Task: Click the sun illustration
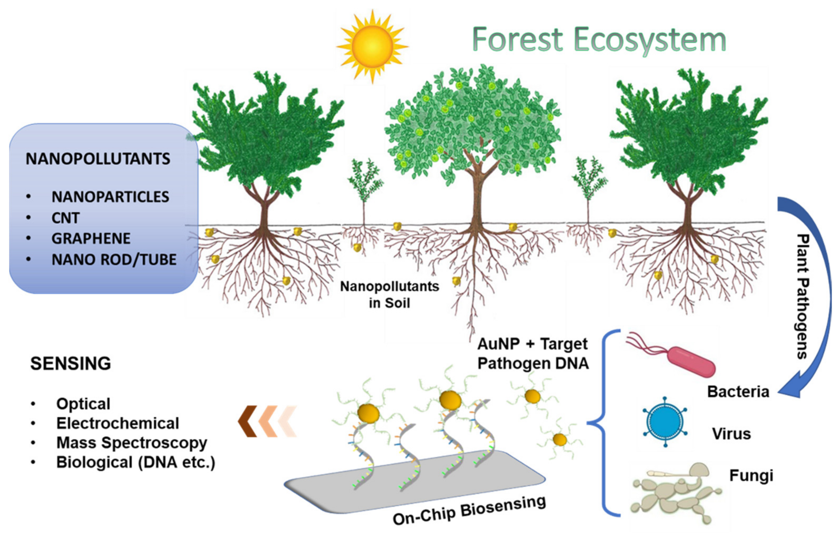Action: (x=372, y=46)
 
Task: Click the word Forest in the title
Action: (x=518, y=39)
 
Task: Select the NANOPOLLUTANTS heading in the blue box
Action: (x=98, y=159)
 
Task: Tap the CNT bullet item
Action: (x=66, y=218)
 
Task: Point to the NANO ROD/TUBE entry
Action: (x=114, y=259)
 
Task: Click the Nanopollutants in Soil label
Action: (x=389, y=294)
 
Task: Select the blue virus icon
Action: (x=665, y=422)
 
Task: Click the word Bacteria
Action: (x=738, y=392)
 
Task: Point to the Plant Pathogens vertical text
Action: (x=803, y=296)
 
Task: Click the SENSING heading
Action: (x=70, y=363)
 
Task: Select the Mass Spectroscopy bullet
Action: (x=132, y=442)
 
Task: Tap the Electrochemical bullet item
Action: (x=118, y=423)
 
